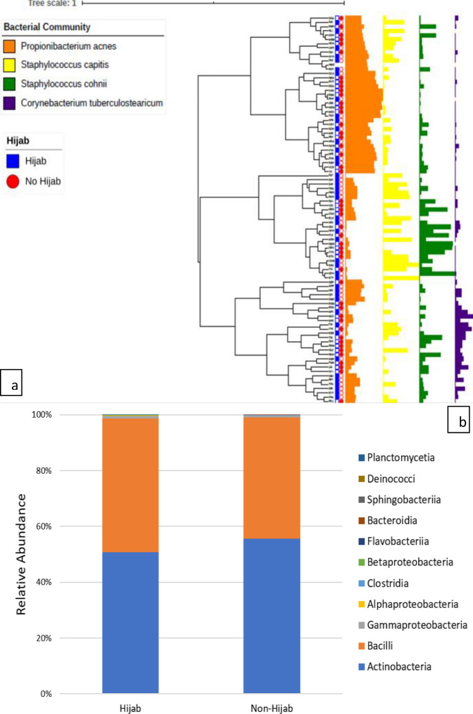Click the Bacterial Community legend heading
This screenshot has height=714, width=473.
pos(47,28)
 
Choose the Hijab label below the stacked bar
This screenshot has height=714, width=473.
pos(129,707)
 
